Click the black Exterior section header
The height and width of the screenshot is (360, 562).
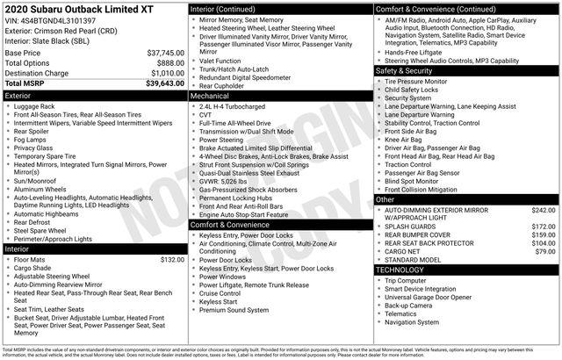tap(94, 94)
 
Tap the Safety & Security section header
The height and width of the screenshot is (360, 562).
tap(465, 70)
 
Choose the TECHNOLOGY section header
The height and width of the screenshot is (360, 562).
tap(465, 270)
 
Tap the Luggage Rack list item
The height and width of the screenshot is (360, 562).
tap(36, 105)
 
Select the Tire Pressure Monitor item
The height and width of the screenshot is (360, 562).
tap(419, 81)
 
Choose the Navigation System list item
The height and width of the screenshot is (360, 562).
tap(415, 322)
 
